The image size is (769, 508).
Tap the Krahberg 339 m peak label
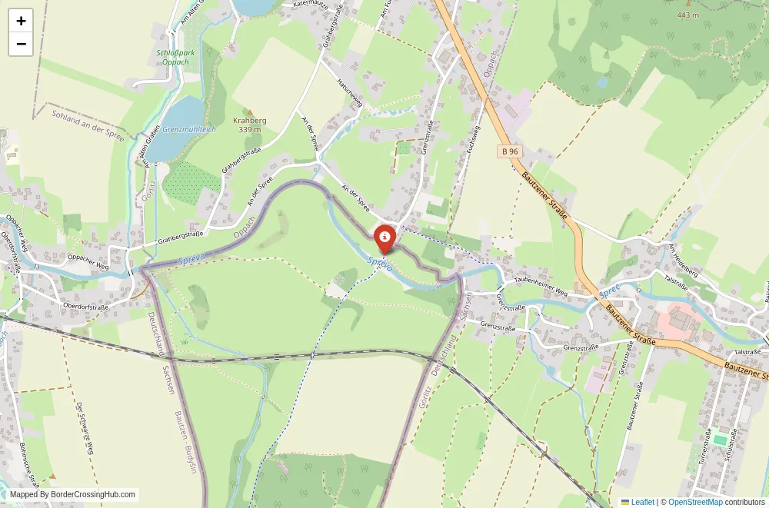tap(249, 125)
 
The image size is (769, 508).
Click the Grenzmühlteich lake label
tap(189, 129)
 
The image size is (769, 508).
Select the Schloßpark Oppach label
tap(170, 58)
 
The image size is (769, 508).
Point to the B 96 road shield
tap(509, 151)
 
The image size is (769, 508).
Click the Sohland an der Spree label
tap(88, 125)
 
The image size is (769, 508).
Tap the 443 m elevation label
tap(687, 15)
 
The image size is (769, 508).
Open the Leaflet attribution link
tap(638, 502)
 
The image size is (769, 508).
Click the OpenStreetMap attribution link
tap(695, 502)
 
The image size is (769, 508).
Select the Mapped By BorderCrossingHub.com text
tap(73, 495)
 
